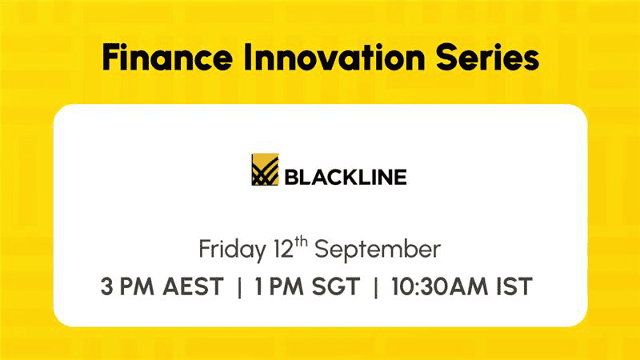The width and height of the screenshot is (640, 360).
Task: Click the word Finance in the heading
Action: point(167,57)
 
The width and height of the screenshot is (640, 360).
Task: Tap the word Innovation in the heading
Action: point(334,57)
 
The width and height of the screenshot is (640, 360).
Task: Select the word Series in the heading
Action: point(488,57)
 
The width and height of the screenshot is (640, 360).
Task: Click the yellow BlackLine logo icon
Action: point(265,170)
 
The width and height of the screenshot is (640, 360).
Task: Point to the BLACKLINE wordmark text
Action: point(346,177)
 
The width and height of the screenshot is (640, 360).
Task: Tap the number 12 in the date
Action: point(283,249)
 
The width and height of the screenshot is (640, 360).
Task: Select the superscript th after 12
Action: point(301,242)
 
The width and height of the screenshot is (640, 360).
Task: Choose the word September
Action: point(378,250)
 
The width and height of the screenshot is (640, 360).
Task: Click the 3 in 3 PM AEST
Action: point(106,286)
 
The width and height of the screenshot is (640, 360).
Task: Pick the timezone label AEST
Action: point(193,286)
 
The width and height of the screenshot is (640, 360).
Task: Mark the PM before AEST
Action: point(137,286)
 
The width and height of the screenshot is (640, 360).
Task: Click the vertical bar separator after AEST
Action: point(239,286)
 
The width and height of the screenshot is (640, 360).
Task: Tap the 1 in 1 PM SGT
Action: point(258,286)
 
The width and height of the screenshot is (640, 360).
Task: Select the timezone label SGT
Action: point(336,286)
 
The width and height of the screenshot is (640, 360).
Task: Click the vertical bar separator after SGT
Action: point(376,286)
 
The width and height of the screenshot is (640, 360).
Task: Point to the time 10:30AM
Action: point(439,286)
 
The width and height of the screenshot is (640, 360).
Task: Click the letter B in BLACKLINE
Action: point(291,177)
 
